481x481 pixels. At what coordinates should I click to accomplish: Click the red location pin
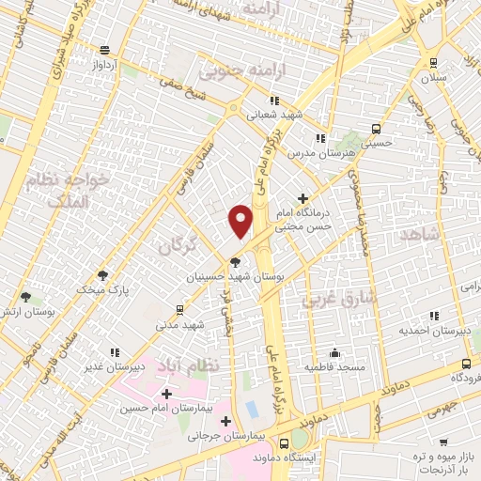(x=241, y=220)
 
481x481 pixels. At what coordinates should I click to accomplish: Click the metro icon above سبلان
(x=433, y=63)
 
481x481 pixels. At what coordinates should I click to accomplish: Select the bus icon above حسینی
(x=376, y=129)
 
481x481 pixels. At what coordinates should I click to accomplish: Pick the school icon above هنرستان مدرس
(x=321, y=137)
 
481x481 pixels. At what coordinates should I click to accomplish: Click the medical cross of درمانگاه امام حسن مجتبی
(x=303, y=198)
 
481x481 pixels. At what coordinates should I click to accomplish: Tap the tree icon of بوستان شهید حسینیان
(x=235, y=262)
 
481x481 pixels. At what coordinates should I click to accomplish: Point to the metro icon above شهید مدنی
(x=179, y=308)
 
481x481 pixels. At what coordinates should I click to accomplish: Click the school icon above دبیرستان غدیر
(x=115, y=352)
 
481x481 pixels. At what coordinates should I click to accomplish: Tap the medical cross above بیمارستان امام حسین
(x=166, y=394)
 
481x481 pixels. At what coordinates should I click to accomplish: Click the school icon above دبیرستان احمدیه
(x=433, y=317)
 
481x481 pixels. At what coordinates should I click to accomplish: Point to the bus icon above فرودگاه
(x=467, y=364)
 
